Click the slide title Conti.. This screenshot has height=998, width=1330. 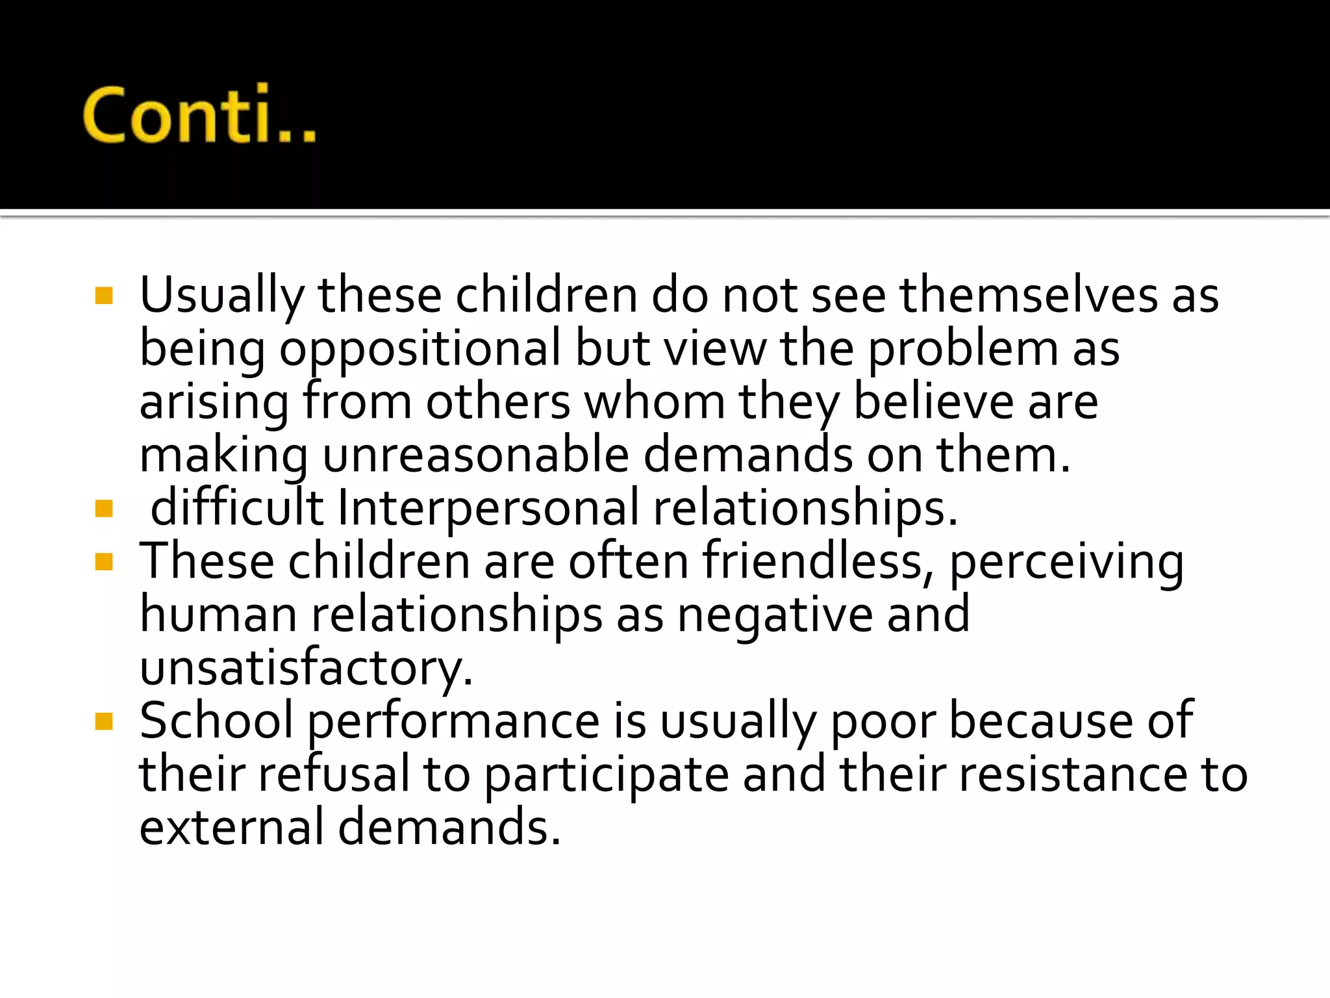199,114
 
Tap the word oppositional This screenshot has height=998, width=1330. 420,349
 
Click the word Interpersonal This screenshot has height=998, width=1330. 488,508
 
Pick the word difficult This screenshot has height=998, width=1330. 236,508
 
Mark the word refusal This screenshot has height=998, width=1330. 334,774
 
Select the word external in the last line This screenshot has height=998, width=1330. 231,828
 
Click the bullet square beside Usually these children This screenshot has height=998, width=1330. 104,296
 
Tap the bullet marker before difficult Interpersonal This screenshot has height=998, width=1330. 104,508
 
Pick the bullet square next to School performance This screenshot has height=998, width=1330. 104,721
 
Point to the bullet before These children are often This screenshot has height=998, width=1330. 104,561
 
